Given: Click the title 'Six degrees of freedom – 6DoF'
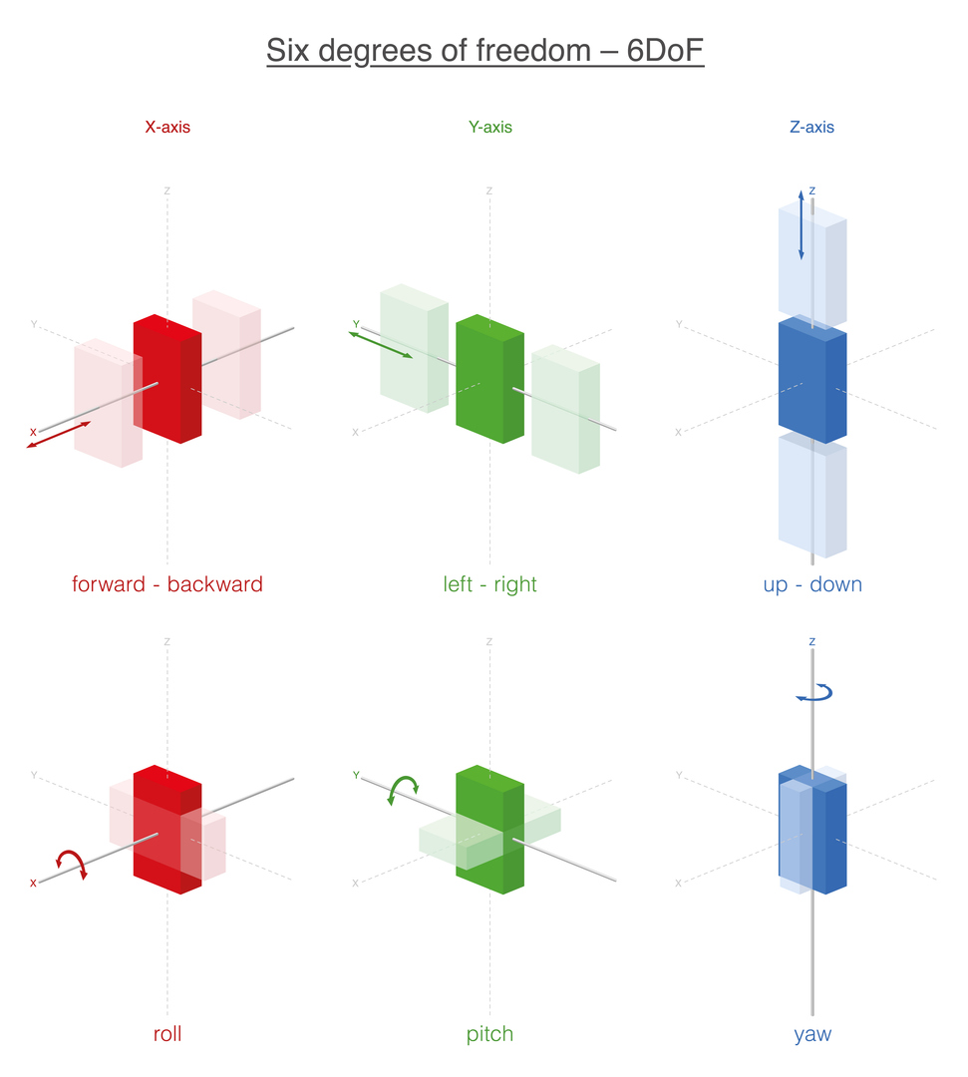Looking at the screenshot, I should click(484, 51).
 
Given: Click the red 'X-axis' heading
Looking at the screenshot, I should click(167, 128).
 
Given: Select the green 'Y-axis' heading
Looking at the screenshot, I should click(489, 128).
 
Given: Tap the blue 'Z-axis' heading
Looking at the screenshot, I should click(811, 128).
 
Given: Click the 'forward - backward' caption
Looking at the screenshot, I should click(167, 584).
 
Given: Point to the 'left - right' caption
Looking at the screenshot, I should click(489, 584).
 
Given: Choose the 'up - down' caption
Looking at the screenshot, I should click(811, 584).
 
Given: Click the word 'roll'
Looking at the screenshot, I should click(167, 1034).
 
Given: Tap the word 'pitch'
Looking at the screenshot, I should click(489, 1034).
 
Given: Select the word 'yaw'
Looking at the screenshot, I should click(811, 1034).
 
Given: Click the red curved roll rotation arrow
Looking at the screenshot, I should click(71, 862).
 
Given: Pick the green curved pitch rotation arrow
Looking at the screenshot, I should click(404, 788).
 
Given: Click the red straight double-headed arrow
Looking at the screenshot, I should click(59, 435).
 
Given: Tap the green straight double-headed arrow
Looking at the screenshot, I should click(381, 345).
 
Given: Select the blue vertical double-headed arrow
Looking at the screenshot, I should click(801, 224).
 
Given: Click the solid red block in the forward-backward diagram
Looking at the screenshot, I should click(166, 379).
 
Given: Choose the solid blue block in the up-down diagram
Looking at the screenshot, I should click(811, 379).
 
